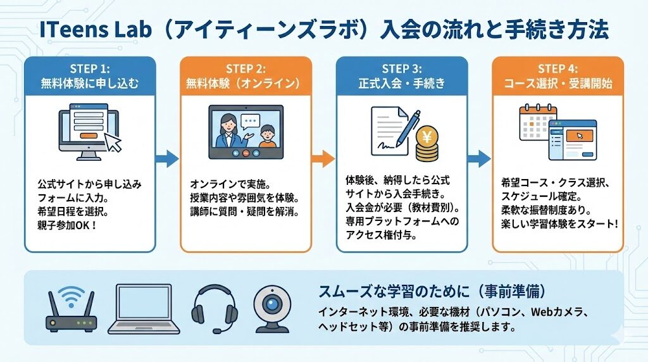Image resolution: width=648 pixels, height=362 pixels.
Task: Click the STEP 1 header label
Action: [89, 68]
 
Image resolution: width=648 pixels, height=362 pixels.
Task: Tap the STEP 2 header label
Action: [246, 68]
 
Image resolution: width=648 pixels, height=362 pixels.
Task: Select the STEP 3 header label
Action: [401, 68]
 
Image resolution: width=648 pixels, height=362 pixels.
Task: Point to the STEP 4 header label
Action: [558, 68]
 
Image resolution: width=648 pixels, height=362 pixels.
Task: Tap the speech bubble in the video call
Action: [251, 121]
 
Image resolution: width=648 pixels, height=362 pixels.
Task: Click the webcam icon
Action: [273, 309]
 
